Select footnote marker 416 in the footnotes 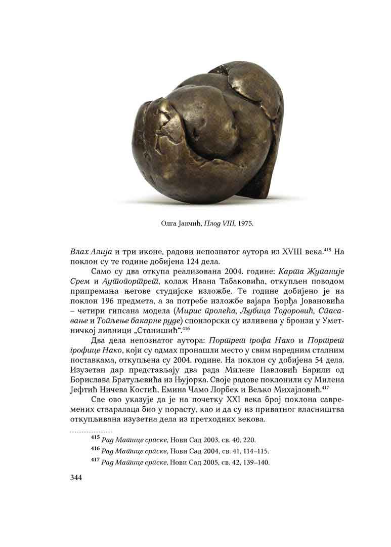pos(95,450)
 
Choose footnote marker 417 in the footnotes pos(95,462)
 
